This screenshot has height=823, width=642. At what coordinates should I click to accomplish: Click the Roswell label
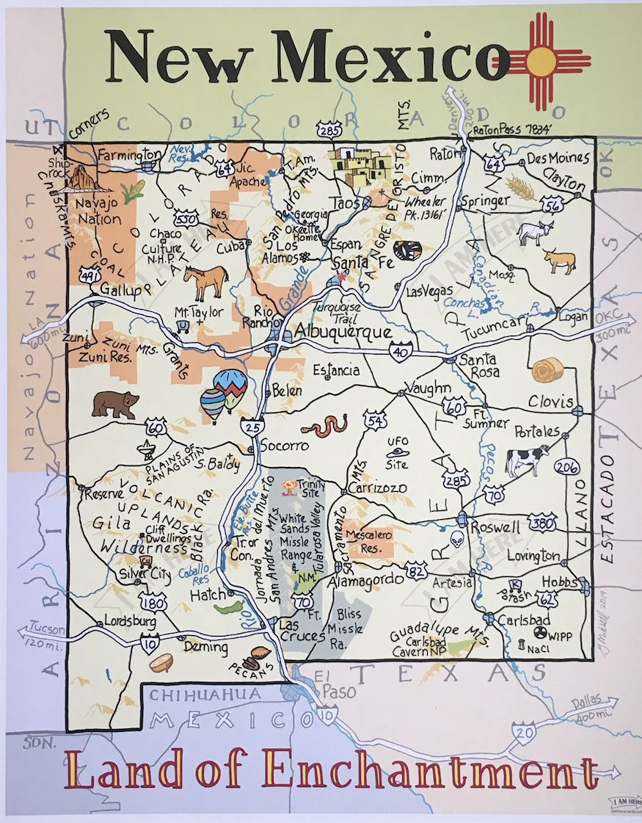495,527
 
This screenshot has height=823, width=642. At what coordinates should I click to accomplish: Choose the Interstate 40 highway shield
401,354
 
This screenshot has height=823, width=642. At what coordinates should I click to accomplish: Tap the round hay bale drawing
548,369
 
